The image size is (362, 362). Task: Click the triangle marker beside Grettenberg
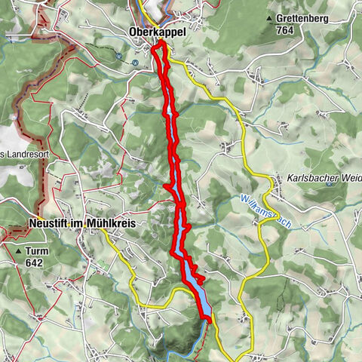269,18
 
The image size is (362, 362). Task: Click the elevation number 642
33,262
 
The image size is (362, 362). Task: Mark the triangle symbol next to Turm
18,250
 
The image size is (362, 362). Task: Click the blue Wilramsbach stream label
265,211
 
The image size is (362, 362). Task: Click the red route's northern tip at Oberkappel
159,46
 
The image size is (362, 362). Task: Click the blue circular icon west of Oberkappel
121,54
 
